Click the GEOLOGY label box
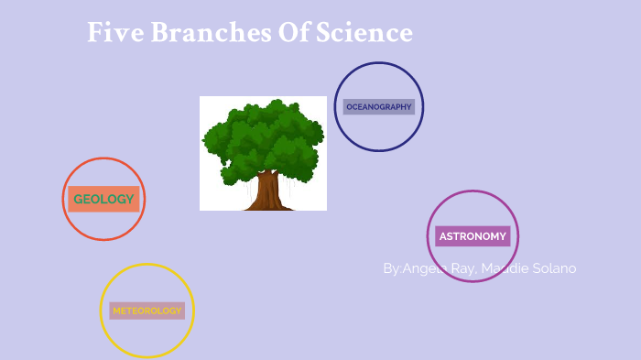click(103, 199)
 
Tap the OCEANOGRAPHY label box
click(379, 107)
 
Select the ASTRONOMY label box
click(473, 236)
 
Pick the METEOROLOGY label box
click(147, 311)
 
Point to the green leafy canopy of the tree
click(263, 137)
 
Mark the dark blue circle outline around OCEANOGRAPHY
click(379, 63)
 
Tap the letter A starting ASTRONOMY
click(443, 236)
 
